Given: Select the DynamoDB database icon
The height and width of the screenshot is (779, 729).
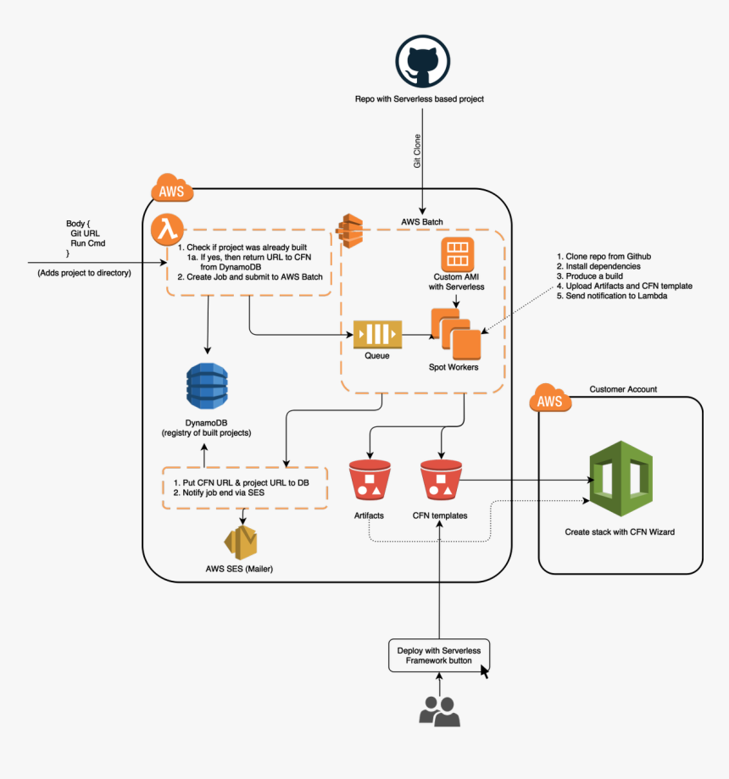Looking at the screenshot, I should click(x=207, y=386).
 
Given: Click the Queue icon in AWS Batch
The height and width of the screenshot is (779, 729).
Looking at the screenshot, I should click(x=377, y=335).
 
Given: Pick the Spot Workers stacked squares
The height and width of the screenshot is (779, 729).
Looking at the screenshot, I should click(x=454, y=334).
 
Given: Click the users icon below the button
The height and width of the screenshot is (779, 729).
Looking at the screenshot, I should click(x=439, y=711).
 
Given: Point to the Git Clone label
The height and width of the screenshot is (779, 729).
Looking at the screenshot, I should click(x=417, y=149).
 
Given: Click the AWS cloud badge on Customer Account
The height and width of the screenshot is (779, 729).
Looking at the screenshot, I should click(x=550, y=400).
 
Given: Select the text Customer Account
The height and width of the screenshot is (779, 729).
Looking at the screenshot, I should click(x=623, y=389).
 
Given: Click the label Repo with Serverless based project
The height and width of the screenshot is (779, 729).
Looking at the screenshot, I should click(x=420, y=99).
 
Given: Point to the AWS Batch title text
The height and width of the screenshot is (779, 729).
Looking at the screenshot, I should click(x=422, y=222).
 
